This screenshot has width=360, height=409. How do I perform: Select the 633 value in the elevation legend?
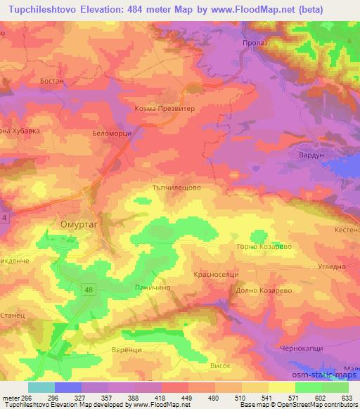347,398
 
